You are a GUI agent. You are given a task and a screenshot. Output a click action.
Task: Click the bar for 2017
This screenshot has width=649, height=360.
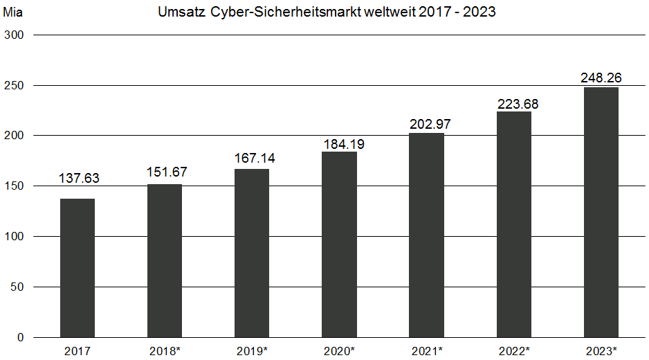pyautogui.click(x=77, y=268)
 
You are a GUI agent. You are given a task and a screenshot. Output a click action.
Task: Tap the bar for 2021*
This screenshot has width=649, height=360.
pyautogui.click(x=426, y=235)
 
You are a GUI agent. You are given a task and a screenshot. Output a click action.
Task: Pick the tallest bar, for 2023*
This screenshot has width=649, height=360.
pyautogui.click(x=601, y=212)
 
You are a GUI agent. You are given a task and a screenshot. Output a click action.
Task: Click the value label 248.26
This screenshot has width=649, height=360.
pyautogui.click(x=601, y=78)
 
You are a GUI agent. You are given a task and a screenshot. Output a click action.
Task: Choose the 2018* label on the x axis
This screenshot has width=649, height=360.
pyautogui.click(x=165, y=350)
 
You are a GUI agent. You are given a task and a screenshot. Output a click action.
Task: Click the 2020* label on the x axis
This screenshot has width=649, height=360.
pyautogui.click(x=339, y=350)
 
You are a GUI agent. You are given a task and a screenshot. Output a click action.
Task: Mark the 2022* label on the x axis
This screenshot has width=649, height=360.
pyautogui.click(x=513, y=350)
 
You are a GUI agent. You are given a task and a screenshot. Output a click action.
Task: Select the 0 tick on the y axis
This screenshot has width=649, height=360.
pyautogui.click(x=20, y=337)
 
